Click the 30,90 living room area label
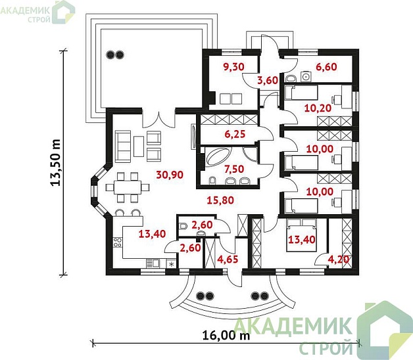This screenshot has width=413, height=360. click(170, 175)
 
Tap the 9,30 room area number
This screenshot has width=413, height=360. click(233, 67)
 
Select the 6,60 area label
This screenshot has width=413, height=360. click(326, 67)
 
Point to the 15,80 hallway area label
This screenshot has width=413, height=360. click(220, 200)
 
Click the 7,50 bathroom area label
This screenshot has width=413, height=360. click(234, 169)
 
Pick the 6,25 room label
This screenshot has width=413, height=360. click(235, 134)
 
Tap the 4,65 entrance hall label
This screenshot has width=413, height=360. click(228, 259)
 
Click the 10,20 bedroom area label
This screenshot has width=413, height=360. click(318, 108)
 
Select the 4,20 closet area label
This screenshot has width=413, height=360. click(339, 259)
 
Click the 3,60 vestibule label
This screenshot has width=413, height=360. click(268, 80)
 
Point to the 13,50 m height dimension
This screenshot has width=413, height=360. click(56, 163)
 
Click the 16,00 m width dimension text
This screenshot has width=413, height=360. click(226, 336)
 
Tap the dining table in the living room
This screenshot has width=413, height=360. click(128, 187)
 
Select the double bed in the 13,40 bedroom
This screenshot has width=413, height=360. click(302, 235)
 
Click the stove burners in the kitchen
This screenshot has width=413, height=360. click(118, 242)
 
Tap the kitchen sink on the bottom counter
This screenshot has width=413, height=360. click(153, 263)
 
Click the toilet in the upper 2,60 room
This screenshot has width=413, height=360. click(183, 226)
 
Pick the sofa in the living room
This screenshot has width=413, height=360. click(123, 146)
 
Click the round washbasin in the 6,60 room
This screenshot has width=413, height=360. click(306, 77)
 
